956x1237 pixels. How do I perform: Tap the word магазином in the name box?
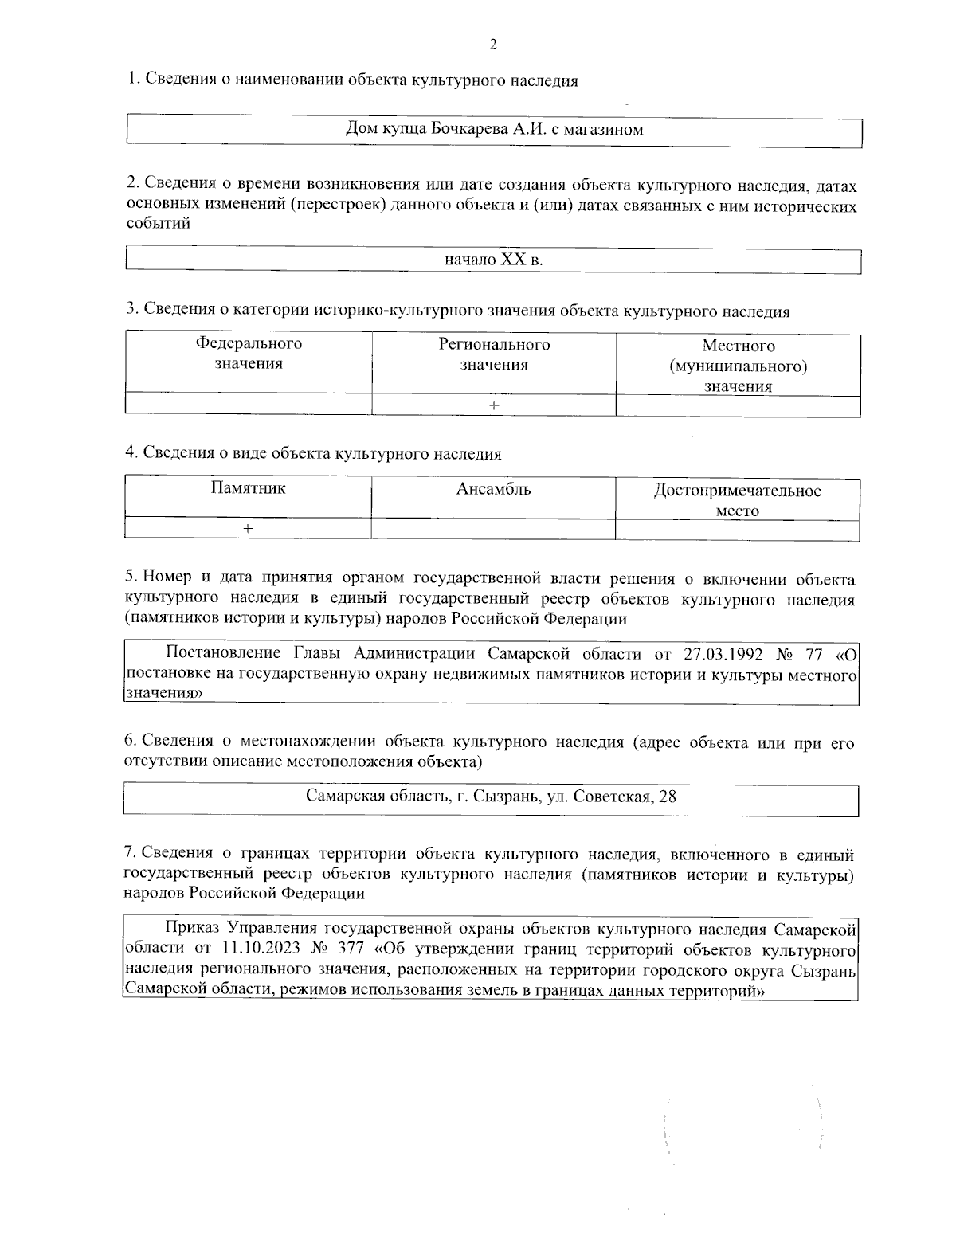pos(603,129)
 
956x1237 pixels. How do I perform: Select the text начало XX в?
pos(493,260)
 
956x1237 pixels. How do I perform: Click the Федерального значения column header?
pos(249,354)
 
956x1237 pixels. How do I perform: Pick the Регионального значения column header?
pos(494,354)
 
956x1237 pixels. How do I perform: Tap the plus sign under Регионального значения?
pos(494,406)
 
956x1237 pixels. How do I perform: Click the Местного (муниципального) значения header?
pos(738,366)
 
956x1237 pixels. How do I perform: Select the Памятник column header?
pos(248,488)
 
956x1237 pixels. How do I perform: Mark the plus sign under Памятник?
pos(249,529)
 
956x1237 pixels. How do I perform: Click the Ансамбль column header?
pos(493,489)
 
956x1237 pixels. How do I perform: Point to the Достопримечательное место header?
pos(737,500)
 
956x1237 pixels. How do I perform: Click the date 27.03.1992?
pos(723,655)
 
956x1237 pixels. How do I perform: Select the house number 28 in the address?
pos(668,796)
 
